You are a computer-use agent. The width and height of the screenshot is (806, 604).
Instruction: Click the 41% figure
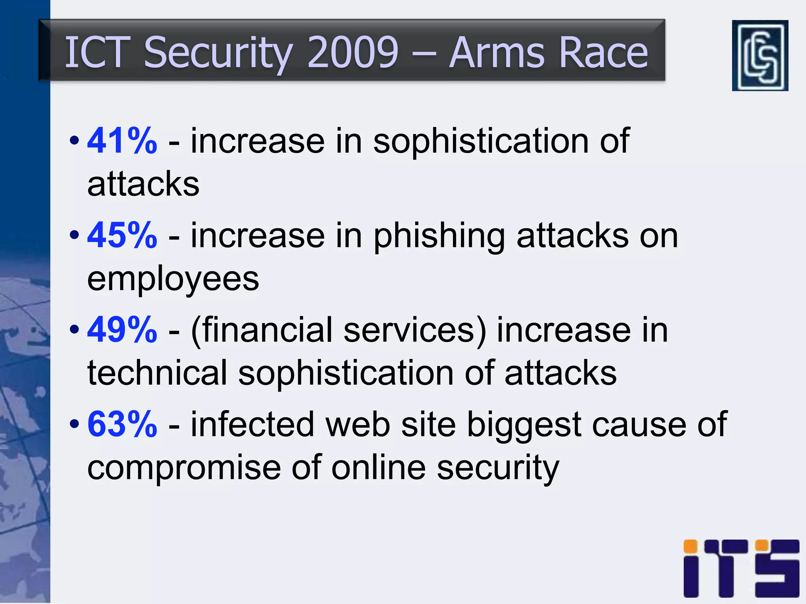122,141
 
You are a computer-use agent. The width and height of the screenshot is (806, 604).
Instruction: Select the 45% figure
122,235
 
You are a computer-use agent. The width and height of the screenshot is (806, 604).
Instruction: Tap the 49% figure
122,330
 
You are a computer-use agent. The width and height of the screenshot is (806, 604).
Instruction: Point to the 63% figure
122,424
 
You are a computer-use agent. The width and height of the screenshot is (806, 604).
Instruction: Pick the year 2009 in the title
353,52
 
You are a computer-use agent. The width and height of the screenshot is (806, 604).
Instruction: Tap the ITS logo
741,568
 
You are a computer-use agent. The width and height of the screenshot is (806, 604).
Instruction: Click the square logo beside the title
760,55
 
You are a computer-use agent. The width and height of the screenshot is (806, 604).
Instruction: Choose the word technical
157,372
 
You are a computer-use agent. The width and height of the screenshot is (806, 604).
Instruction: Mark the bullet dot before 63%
74,424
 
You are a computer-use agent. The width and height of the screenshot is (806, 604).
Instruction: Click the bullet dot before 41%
74,141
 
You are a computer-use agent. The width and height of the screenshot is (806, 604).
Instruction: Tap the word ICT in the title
97,52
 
